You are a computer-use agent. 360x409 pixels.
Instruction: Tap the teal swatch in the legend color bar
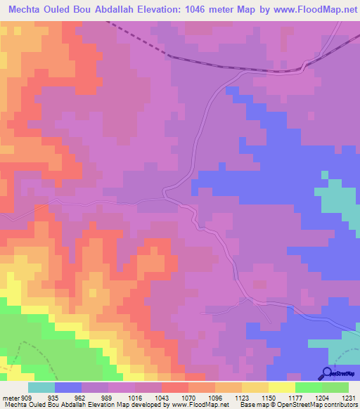41,387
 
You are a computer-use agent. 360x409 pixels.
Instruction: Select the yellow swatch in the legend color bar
282,387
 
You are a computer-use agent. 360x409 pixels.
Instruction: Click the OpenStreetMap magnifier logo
327,372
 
